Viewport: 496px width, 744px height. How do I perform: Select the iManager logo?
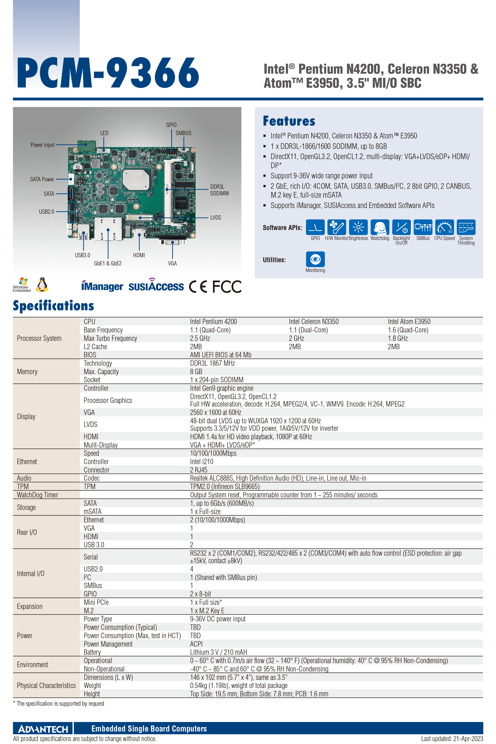(102, 286)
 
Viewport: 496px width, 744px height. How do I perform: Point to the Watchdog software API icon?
(380, 227)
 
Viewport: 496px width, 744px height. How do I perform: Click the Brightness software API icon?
(358, 227)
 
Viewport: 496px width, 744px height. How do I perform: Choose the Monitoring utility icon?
(315, 259)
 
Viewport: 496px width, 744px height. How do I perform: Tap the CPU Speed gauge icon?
(444, 227)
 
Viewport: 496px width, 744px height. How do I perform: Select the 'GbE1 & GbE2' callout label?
(108, 263)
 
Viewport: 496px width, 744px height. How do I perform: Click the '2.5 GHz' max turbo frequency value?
(200, 338)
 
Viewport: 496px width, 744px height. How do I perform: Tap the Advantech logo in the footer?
(43, 729)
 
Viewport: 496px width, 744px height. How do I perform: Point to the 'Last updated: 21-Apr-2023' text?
(452, 739)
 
